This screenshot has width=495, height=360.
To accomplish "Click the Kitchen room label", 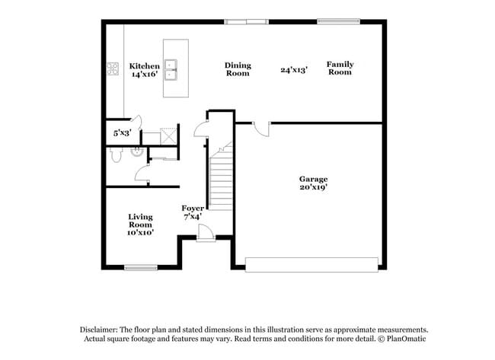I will [144, 66].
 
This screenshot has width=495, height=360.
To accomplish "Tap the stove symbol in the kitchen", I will [113, 69].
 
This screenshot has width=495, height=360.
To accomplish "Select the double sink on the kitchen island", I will [172, 68].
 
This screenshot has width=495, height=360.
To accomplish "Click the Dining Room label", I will [238, 69].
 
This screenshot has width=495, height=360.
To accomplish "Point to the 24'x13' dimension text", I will [293, 69].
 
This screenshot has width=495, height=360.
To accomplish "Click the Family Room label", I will [340, 68].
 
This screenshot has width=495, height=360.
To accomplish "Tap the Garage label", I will [313, 179].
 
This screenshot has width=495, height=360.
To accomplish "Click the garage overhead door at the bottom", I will [311, 264].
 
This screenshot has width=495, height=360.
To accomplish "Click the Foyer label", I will [191, 208].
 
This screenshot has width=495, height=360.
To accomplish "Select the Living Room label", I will [140, 221].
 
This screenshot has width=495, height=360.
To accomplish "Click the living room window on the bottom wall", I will [140, 267].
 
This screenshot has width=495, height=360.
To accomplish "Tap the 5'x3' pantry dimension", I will [123, 133].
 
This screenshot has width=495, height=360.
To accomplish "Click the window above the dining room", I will [246, 21].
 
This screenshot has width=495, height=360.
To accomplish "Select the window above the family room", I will [339, 21].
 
